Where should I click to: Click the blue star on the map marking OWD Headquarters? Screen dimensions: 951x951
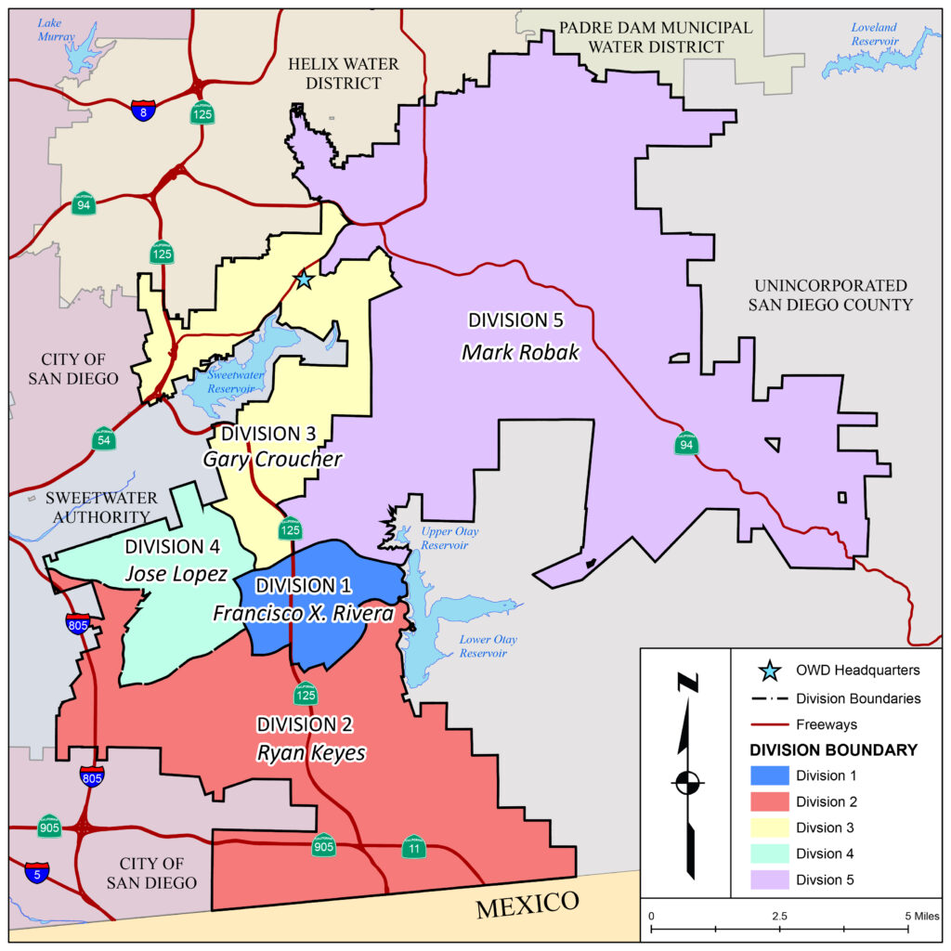[303, 279]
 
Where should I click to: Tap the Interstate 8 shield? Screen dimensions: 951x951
[142, 111]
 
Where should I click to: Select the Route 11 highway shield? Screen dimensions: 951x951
[413, 847]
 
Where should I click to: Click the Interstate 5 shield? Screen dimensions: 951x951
[37, 872]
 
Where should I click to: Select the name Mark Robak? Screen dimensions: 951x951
[520, 352]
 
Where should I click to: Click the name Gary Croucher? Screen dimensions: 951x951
[273, 460]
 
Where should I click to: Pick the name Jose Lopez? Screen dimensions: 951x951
[176, 575]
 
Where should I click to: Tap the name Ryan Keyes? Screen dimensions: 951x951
[310, 752]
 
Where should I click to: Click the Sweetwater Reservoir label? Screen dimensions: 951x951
[219, 381]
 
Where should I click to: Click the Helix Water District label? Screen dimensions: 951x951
[343, 74]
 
